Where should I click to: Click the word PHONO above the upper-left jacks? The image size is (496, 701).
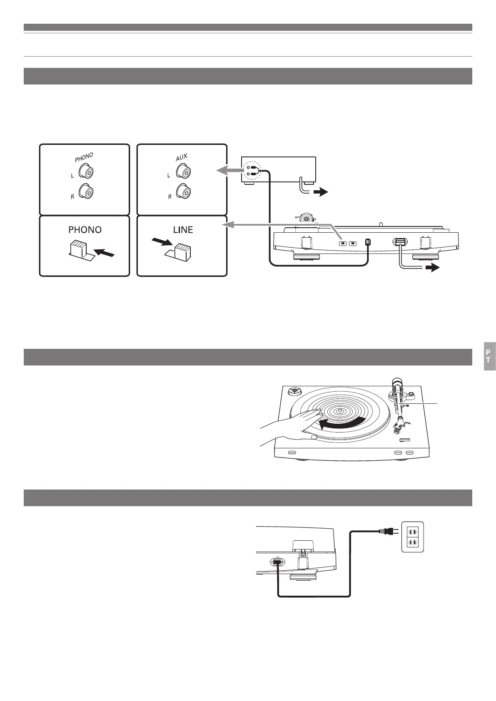point(84,158)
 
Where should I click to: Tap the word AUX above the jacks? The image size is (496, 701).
point(182,158)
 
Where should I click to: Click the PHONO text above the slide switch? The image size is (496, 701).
point(85,229)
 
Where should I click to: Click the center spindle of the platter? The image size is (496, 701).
point(340,410)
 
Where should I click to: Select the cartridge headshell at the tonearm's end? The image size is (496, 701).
point(399,425)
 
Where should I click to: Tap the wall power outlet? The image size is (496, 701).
point(412,537)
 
